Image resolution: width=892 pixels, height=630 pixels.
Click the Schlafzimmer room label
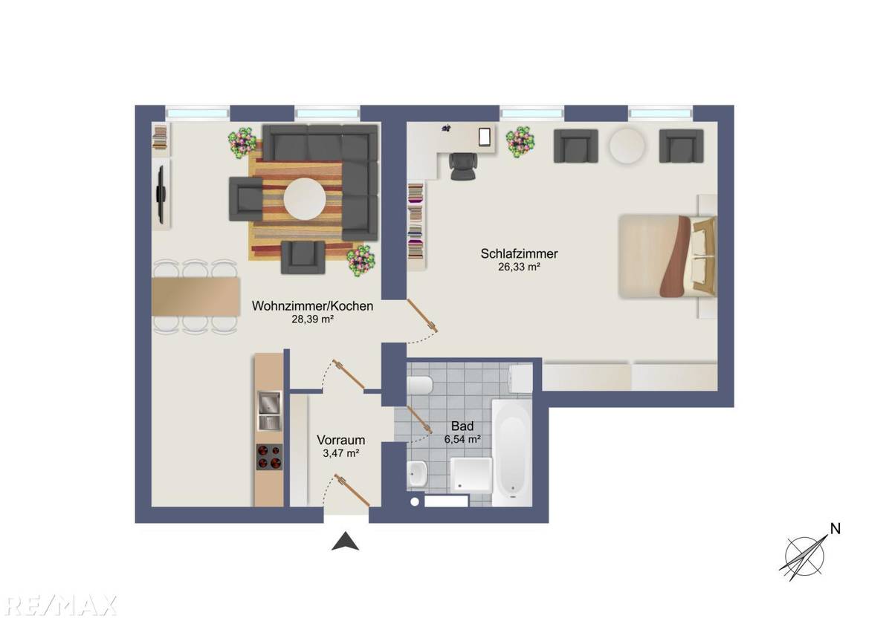click(519, 254)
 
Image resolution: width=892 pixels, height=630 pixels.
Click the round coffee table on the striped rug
click(305, 198)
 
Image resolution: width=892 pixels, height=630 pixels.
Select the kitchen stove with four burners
click(269, 457)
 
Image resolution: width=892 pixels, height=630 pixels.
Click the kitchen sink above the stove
click(268, 411)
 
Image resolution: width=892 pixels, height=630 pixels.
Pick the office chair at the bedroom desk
click(465, 164)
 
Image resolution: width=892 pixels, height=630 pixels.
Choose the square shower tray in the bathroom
click(471, 473)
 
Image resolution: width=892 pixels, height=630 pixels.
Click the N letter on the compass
click(836, 530)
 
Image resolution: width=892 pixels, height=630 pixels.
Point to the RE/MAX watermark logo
click(58, 605)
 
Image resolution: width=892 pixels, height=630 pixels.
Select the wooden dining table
click(195, 296)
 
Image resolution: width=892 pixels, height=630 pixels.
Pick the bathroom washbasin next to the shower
click(418, 474)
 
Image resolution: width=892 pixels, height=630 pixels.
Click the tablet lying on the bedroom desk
click(485, 137)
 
